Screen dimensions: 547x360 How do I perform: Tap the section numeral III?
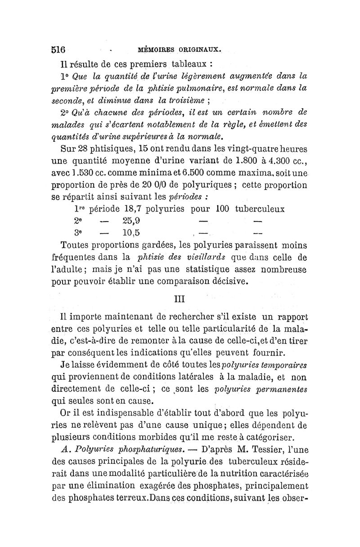point(180,299)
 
